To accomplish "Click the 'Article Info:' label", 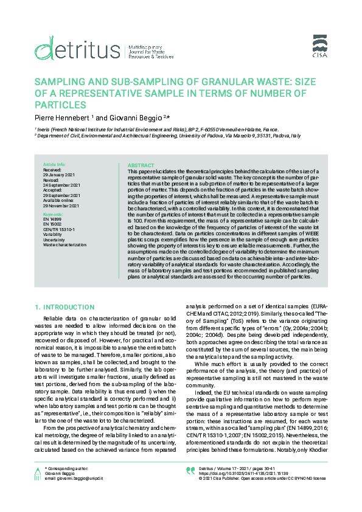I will click(54, 165).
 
